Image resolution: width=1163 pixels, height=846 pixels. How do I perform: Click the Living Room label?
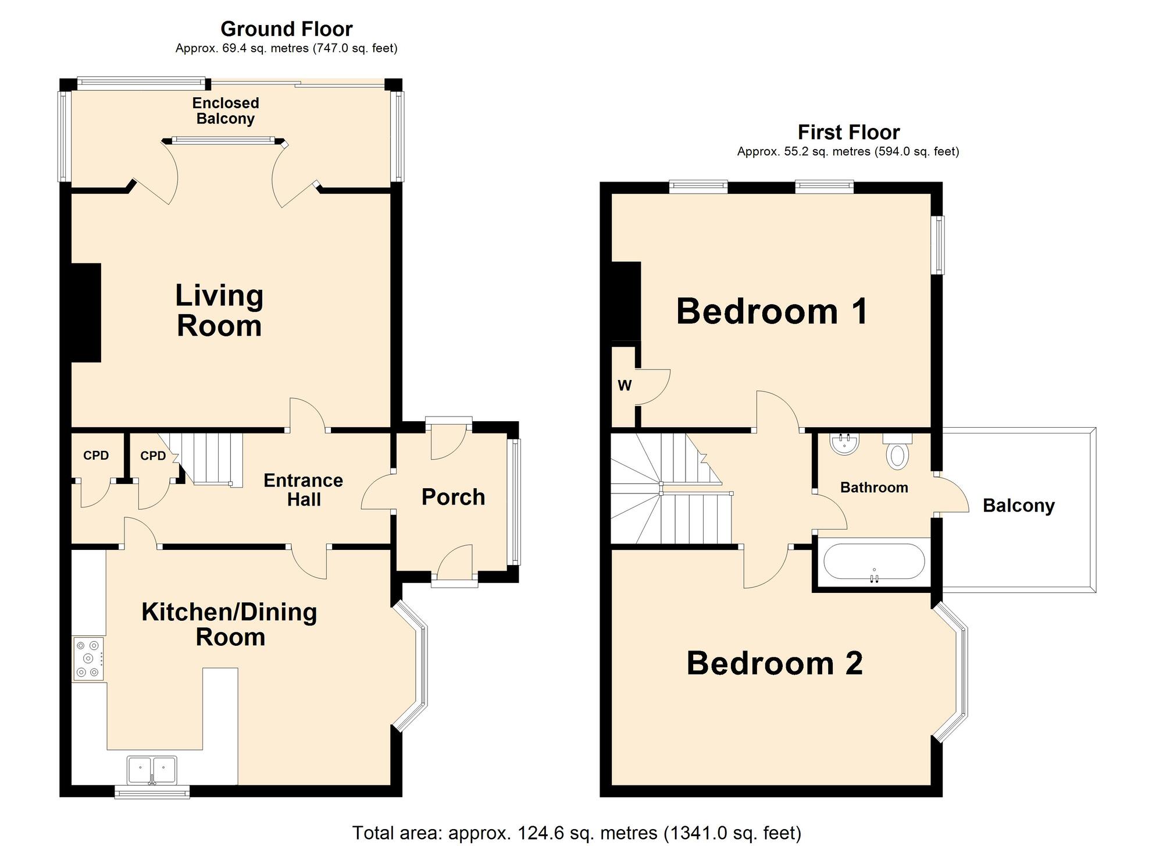(219, 311)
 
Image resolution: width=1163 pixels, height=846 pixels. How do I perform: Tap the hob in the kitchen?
(88, 659)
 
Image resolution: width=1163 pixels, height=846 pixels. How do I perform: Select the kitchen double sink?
(152, 770)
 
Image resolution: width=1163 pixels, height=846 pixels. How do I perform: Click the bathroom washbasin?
(845, 444)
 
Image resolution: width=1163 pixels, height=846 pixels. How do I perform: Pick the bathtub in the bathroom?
(873, 562)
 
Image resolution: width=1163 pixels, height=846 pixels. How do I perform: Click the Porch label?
(453, 497)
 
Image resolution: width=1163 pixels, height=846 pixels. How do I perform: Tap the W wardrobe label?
(625, 386)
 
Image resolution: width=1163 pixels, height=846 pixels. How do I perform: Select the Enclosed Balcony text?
(226, 111)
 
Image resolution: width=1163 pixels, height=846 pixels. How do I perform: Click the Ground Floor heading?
(286, 29)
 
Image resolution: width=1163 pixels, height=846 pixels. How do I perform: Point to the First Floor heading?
(848, 132)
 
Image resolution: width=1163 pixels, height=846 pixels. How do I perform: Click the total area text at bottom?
(576, 833)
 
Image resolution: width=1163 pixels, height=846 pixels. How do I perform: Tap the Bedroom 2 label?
(775, 663)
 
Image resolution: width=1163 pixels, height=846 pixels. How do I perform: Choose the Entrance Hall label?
(303, 489)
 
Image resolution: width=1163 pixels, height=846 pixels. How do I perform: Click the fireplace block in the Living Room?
(86, 312)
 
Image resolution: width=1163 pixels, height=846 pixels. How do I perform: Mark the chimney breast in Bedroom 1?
(626, 301)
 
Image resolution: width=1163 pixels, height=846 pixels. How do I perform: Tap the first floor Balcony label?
(1018, 506)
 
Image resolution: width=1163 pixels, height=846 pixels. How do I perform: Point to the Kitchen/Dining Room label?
(230, 624)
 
